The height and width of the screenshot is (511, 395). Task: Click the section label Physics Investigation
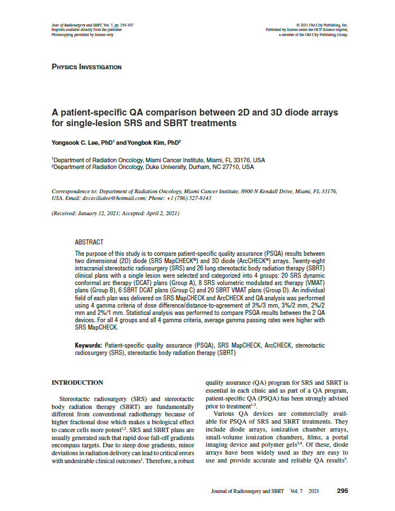[x=86, y=67]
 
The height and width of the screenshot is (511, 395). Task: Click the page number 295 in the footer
[x=342, y=491]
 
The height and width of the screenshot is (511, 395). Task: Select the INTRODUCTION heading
[x=77, y=383]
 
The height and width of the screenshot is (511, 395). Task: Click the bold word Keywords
[x=88, y=344]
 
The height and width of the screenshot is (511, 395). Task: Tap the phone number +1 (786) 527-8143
[x=186, y=198]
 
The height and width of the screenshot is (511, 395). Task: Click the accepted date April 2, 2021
[x=161, y=214]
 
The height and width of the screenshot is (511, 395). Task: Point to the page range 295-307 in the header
[x=125, y=25]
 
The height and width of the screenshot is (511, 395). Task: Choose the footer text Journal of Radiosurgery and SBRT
[x=248, y=491]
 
